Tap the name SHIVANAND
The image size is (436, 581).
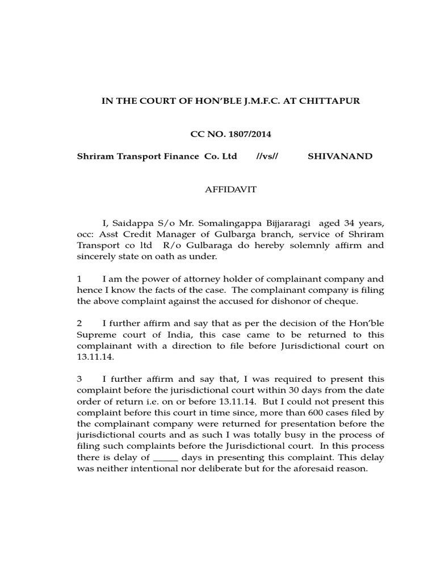(x=339, y=156)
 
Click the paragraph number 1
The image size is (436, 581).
(x=79, y=279)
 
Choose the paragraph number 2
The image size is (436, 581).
(x=79, y=323)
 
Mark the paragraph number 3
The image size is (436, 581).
(x=79, y=378)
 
